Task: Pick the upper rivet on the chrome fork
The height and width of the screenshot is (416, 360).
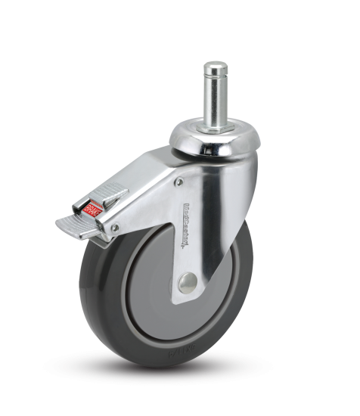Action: pyautogui.click(x=178, y=182)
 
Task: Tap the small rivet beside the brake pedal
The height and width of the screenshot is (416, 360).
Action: pyautogui.click(x=115, y=227)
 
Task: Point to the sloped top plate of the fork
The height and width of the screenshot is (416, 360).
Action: pyautogui.click(x=151, y=174)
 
